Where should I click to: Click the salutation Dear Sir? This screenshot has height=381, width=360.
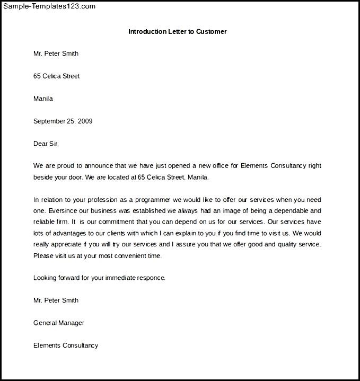pos(46,144)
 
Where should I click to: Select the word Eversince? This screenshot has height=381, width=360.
pos(62,211)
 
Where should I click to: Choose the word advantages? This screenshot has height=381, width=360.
pos(66,233)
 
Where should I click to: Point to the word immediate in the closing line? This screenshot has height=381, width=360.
pos(122,278)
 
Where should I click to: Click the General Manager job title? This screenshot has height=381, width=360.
pos(59,323)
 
